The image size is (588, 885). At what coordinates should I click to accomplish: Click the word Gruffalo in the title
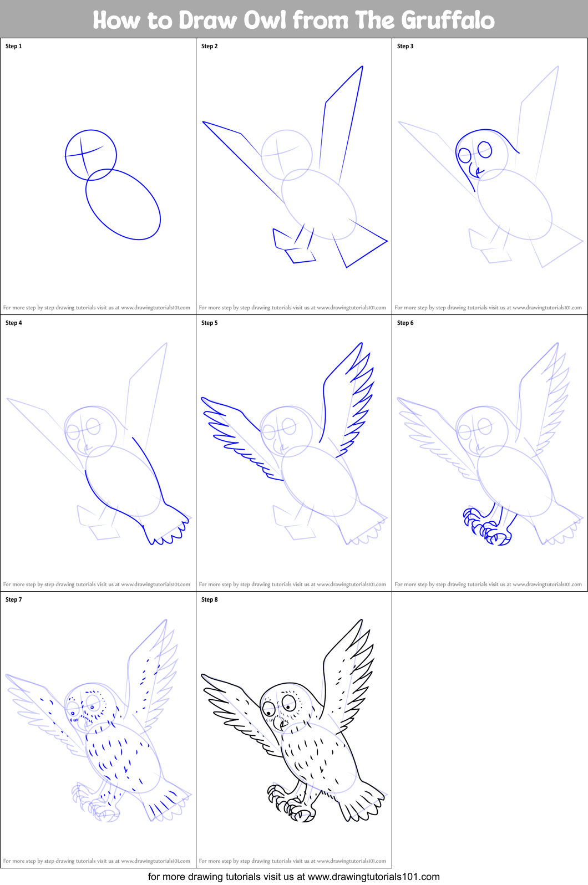click(448, 20)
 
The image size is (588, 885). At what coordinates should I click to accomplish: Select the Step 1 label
click(14, 46)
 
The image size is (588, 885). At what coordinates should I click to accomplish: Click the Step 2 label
click(210, 46)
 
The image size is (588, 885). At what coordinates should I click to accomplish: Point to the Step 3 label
click(405, 46)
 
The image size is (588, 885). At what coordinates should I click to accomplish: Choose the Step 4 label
click(14, 323)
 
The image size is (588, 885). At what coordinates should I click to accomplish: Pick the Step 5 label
click(210, 323)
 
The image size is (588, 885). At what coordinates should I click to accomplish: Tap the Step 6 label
click(405, 323)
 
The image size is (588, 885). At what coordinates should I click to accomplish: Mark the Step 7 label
click(14, 599)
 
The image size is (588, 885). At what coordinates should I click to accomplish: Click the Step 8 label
click(210, 599)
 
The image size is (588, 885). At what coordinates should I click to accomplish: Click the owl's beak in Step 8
click(283, 724)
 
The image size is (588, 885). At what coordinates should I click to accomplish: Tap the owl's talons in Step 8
click(291, 803)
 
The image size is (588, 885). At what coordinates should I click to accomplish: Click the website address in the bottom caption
click(374, 877)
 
